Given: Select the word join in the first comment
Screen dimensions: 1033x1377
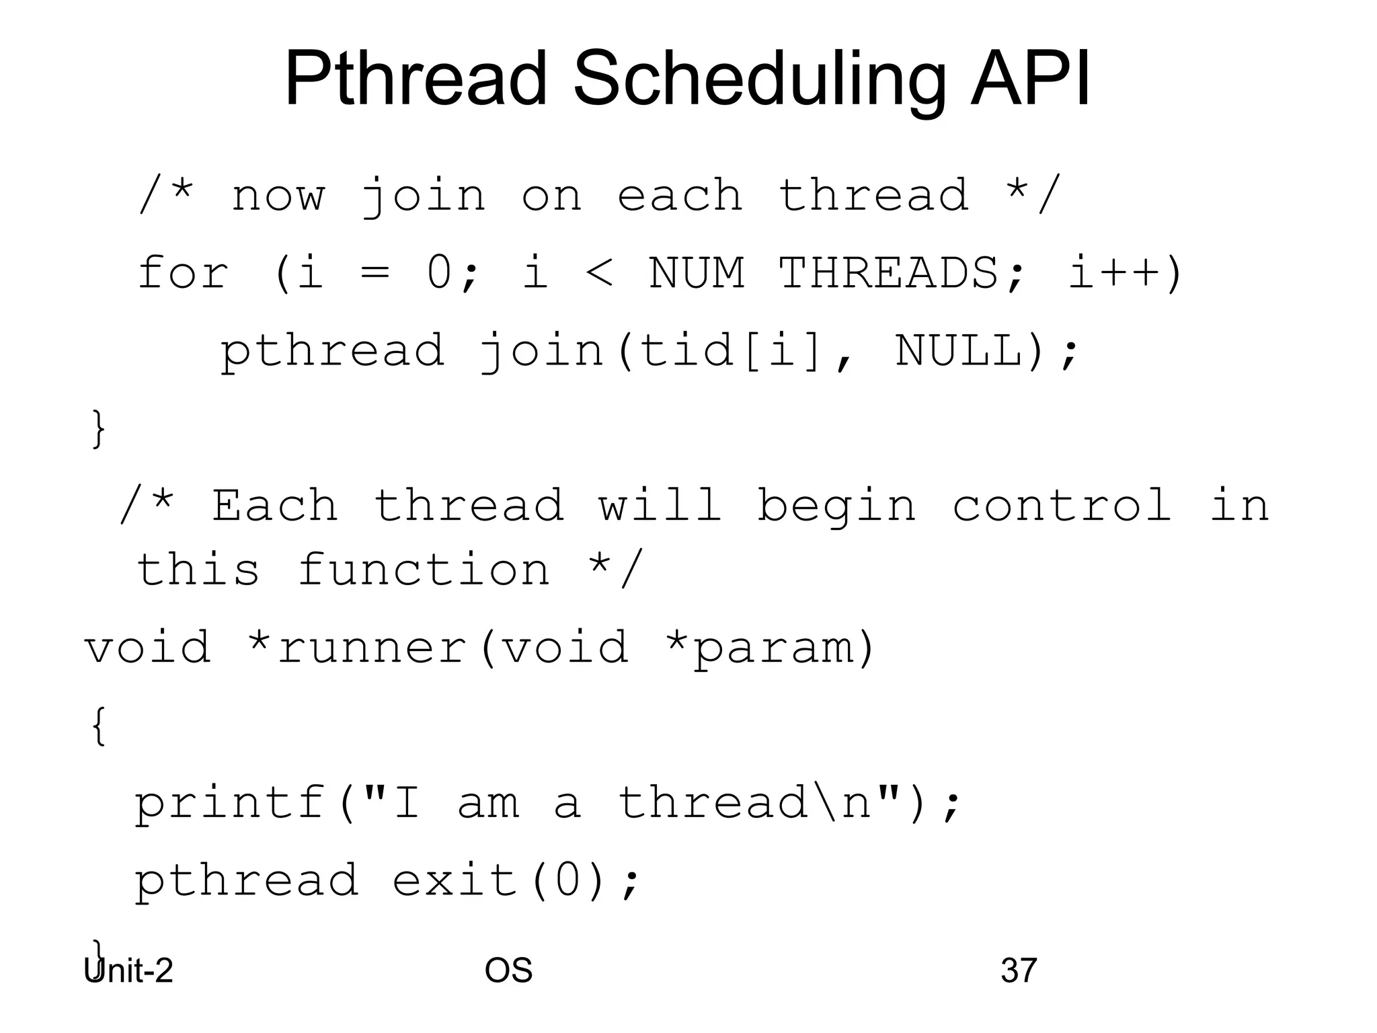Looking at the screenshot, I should (x=423, y=196).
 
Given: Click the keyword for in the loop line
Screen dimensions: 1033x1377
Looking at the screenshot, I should (x=183, y=274).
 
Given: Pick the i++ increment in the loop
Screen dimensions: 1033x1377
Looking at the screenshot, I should (x=1124, y=274).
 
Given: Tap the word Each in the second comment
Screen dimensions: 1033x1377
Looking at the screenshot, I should (x=274, y=506).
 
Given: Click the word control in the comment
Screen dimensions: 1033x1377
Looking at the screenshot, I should (x=1062, y=506).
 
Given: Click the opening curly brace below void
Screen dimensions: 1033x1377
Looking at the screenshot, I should (x=98, y=726).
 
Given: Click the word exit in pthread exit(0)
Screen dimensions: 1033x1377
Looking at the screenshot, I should (x=455, y=880).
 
